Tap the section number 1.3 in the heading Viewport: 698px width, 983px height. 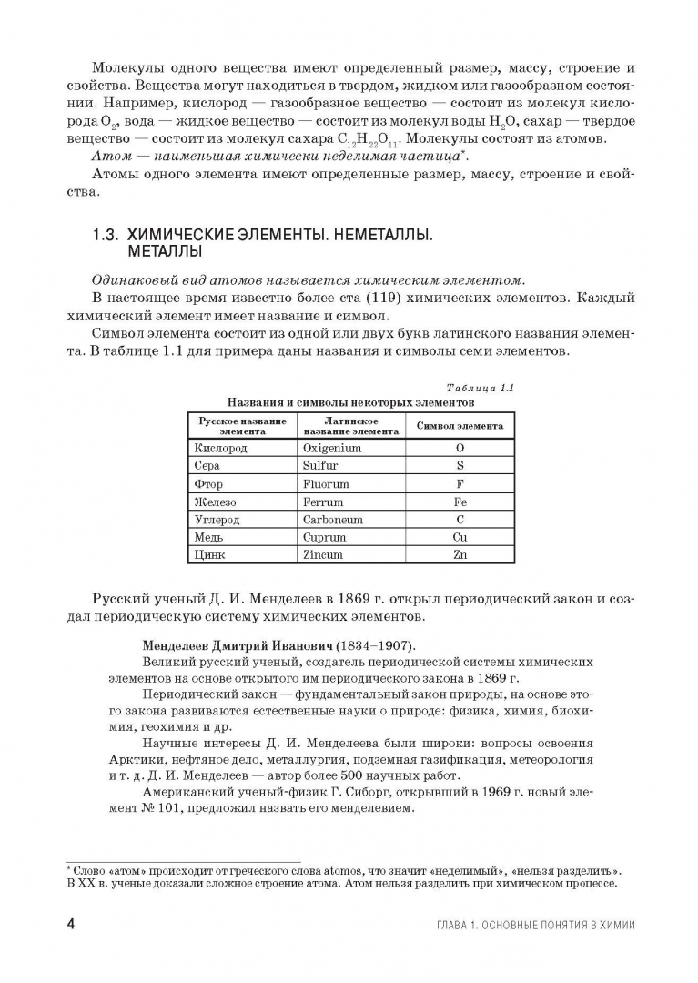click(106, 234)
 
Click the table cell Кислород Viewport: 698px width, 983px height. click(221, 448)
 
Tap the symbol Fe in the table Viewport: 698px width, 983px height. click(460, 502)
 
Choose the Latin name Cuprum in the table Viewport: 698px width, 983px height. click(324, 537)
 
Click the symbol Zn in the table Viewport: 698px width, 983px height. click(460, 554)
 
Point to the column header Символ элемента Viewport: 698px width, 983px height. click(460, 426)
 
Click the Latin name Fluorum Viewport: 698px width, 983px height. click(326, 483)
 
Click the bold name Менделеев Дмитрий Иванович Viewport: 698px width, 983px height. click(228, 644)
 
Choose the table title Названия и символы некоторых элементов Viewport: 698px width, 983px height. click(350, 401)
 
